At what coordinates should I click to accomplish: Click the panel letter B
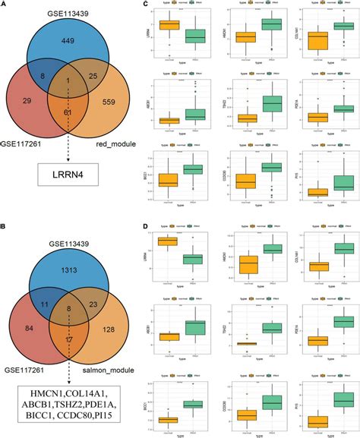tap(5, 225)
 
